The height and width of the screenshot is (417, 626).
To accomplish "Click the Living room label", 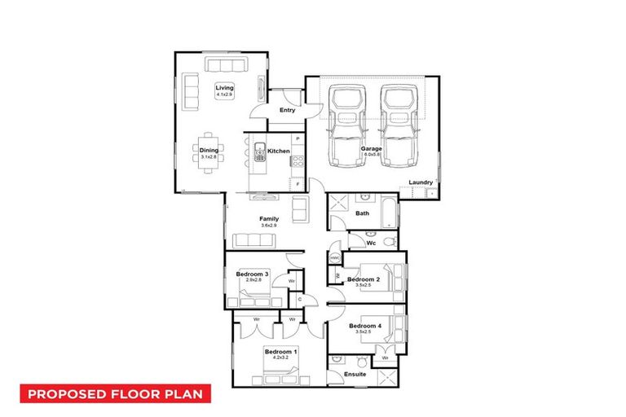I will point(224,88).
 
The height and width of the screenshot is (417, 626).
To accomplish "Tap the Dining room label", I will point(209,149).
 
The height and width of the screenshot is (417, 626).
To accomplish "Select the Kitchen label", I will point(279,151).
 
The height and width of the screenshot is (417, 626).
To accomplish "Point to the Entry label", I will point(287,110).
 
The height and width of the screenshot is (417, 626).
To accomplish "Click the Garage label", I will point(372,149).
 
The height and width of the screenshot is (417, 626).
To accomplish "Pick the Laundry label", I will point(421,182).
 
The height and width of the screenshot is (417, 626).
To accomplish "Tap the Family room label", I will point(269,219).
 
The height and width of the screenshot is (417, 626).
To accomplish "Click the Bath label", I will point(363,213).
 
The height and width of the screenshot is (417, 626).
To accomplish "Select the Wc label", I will point(370,242).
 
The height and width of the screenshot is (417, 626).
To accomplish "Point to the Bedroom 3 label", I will point(253,274).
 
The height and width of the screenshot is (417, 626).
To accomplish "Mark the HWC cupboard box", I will point(334,258).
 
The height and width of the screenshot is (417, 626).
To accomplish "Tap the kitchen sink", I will point(260,151).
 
